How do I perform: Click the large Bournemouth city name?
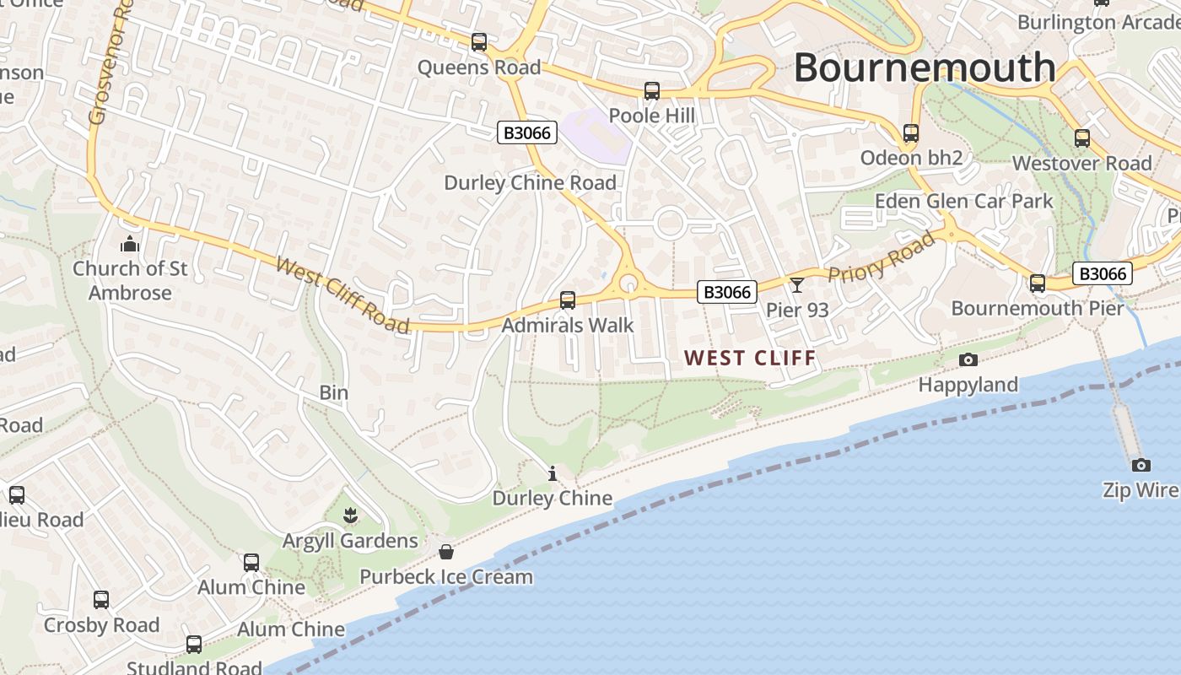pyautogui.click(x=925, y=67)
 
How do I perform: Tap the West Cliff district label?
pyautogui.click(x=751, y=358)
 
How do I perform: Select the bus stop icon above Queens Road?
pyautogui.click(x=479, y=41)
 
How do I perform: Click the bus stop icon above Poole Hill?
pyautogui.click(x=651, y=91)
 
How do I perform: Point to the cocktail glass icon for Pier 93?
pyautogui.click(x=796, y=285)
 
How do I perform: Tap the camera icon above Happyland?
pyautogui.click(x=968, y=360)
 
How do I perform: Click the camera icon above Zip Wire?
pyautogui.click(x=1141, y=465)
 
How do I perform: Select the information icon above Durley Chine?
pyautogui.click(x=553, y=473)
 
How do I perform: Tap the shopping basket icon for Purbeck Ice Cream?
pyautogui.click(x=446, y=552)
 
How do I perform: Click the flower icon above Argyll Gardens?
pyautogui.click(x=350, y=515)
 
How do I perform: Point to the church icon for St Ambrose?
pyautogui.click(x=130, y=245)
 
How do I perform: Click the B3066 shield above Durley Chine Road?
pyautogui.click(x=527, y=132)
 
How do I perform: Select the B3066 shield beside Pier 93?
pyautogui.click(x=727, y=292)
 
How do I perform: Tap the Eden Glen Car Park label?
pyautogui.click(x=963, y=201)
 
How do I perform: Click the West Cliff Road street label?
pyautogui.click(x=342, y=295)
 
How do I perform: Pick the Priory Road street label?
pyautogui.click(x=882, y=257)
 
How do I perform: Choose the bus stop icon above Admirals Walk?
pyautogui.click(x=568, y=300)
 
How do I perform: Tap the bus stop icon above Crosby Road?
pyautogui.click(x=101, y=600)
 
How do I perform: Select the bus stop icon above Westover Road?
pyautogui.click(x=1082, y=138)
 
